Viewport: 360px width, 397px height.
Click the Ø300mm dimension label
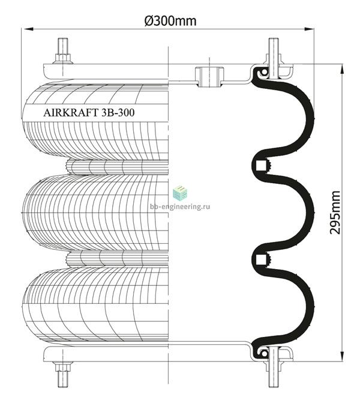[x=170, y=21]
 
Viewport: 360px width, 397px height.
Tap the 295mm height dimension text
[x=335, y=213]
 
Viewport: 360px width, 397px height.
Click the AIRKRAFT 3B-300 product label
[x=89, y=112]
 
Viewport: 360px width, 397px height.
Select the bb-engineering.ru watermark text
[x=180, y=207]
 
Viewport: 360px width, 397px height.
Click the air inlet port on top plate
[x=209, y=77]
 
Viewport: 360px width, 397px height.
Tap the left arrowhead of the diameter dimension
[x=28, y=29]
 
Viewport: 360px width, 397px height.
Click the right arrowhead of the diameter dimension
[x=309, y=29]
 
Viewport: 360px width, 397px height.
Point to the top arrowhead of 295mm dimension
[x=342, y=69]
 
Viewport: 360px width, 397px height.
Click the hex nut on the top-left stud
[x=63, y=58]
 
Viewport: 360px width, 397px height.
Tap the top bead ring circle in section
[x=264, y=72]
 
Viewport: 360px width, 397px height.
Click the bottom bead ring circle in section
[x=264, y=353]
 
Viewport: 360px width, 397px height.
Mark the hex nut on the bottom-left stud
[x=63, y=366]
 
